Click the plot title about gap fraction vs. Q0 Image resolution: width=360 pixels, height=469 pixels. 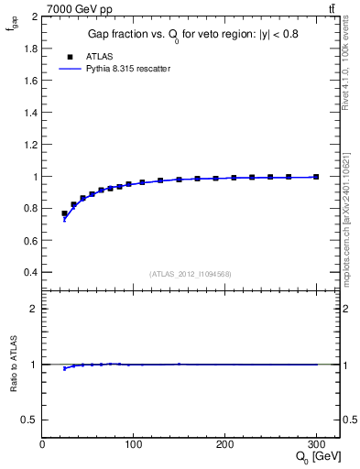(192, 34)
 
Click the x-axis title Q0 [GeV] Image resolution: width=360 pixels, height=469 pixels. (313, 458)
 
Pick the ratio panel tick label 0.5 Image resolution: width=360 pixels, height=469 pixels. (29, 420)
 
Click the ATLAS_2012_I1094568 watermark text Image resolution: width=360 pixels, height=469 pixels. (191, 273)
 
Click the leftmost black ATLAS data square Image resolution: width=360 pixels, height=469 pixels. (64, 213)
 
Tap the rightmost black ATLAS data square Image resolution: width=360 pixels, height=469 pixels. (316, 177)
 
